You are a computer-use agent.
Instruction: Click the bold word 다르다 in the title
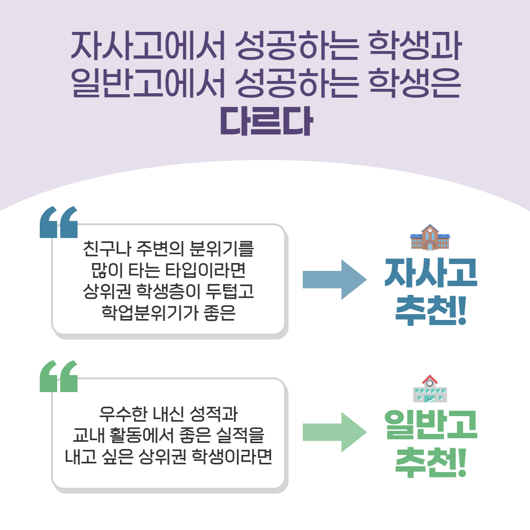coord(266,122)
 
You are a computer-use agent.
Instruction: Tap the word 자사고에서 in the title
coord(148,46)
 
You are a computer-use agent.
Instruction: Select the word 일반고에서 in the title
coord(148,83)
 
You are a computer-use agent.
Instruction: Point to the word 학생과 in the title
coord(415,46)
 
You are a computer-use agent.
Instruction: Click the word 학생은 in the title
coord(415,83)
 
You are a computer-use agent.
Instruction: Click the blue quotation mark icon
coord(58,222)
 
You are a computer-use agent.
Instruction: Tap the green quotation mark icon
coord(58,376)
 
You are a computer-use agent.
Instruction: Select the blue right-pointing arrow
coord(335,280)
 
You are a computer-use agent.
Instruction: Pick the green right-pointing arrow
coord(335,432)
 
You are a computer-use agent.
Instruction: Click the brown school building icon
coord(430,237)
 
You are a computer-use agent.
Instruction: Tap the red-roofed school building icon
coord(430,388)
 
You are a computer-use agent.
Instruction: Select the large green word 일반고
coord(431,424)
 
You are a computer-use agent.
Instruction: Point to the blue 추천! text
coord(431,310)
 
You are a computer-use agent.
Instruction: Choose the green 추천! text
coord(431,462)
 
